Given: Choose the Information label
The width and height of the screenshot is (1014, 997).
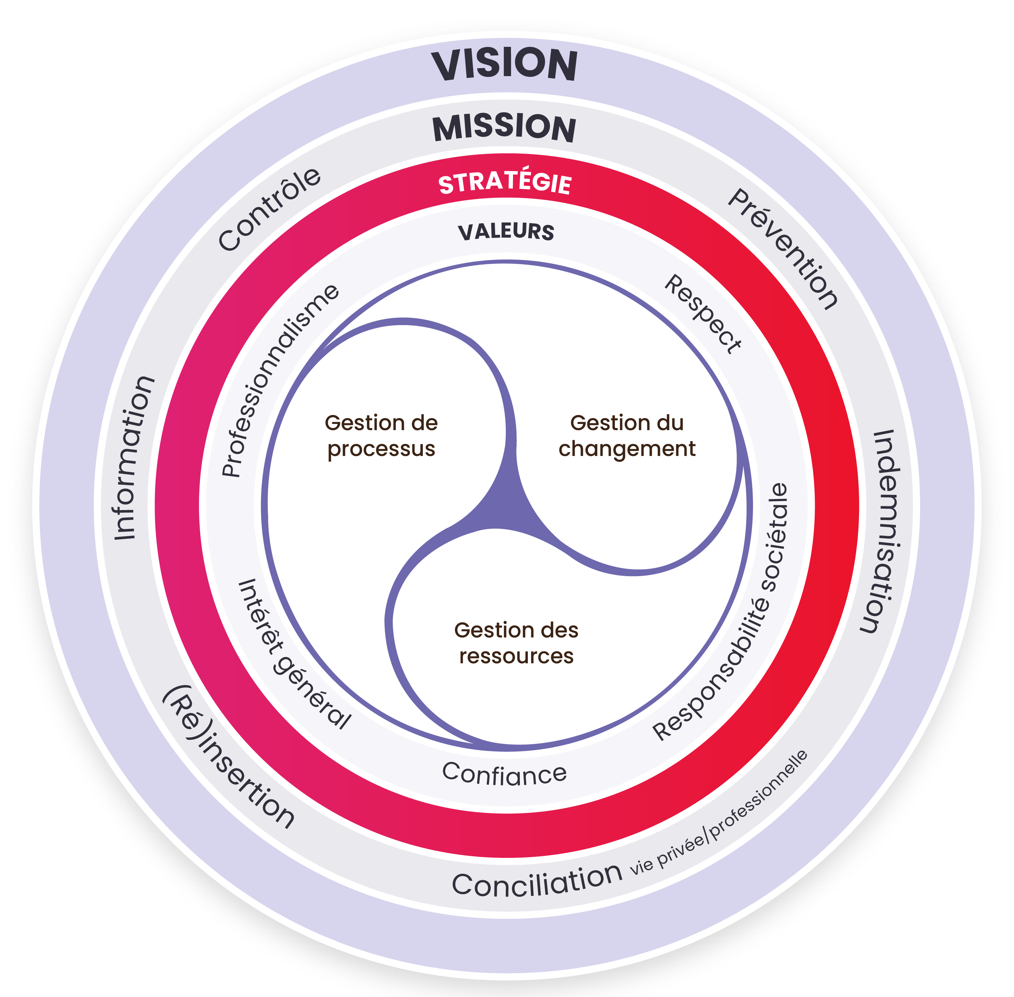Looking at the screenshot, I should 134,458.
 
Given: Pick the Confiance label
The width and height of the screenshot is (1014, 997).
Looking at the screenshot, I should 504,774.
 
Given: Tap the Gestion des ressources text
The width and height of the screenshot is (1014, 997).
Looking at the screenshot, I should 516,643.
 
